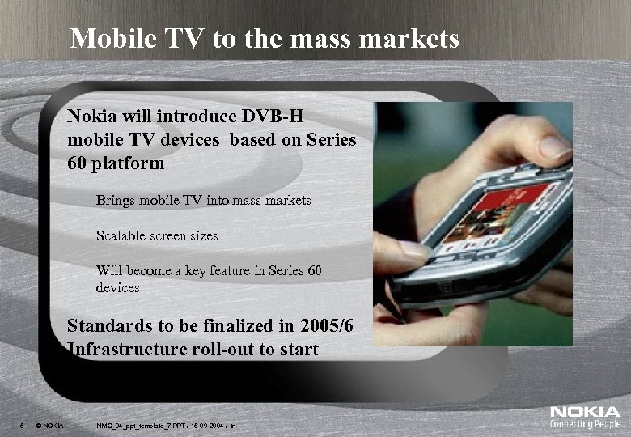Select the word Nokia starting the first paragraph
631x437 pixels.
[x=91, y=115]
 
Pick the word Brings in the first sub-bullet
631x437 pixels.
[x=116, y=199]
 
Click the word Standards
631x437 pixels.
[x=111, y=326]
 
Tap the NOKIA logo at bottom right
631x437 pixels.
[x=585, y=413]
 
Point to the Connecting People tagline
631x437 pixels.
[x=585, y=425]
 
